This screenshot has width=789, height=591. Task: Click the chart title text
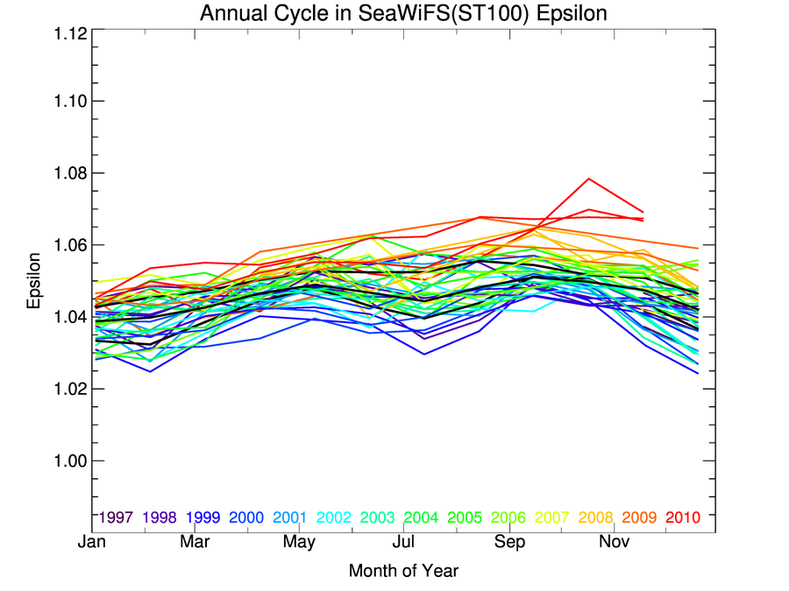click(x=404, y=14)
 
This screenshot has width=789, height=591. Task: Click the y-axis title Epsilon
click(x=34, y=281)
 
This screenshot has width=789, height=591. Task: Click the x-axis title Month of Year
click(x=403, y=571)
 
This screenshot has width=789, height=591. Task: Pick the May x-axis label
click(x=299, y=543)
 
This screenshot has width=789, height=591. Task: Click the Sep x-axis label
click(x=509, y=543)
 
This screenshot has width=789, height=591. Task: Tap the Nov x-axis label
click(x=614, y=543)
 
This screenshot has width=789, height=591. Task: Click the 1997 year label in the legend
click(x=116, y=517)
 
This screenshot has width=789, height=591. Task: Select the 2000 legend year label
click(x=246, y=517)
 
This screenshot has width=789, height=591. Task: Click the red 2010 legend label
click(x=682, y=517)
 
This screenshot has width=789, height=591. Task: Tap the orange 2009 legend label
click(x=639, y=517)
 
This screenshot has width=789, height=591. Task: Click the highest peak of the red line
click(x=588, y=179)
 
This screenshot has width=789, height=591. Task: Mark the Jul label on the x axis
click(x=403, y=543)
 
